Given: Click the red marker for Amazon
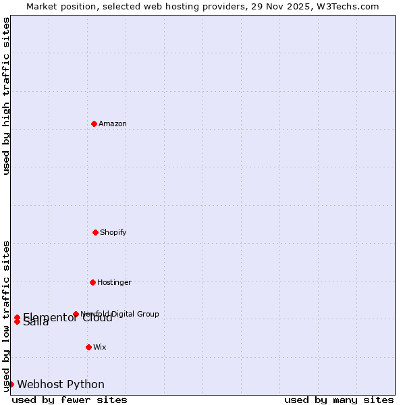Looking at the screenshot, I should [x=94, y=124].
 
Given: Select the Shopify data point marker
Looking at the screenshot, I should [x=95, y=232].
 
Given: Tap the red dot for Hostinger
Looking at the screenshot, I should [x=92, y=282].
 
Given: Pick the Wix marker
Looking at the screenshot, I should [x=88, y=347].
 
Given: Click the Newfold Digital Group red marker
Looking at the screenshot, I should [x=76, y=314].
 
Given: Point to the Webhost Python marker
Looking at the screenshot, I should [x=11, y=384].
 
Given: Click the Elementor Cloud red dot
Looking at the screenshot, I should [x=17, y=317].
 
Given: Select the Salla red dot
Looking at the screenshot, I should [x=17, y=321].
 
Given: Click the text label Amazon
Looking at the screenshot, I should [x=112, y=124].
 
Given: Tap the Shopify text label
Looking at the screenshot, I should [x=113, y=232].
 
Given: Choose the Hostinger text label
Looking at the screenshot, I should [x=114, y=282].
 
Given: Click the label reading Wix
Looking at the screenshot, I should [x=99, y=347].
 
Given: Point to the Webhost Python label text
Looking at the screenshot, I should [x=61, y=384].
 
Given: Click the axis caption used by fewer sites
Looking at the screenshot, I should [x=70, y=400].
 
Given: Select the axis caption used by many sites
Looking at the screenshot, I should [x=339, y=400].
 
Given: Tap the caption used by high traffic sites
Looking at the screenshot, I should [x=6, y=96].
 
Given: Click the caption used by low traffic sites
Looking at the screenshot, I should [x=6, y=315].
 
